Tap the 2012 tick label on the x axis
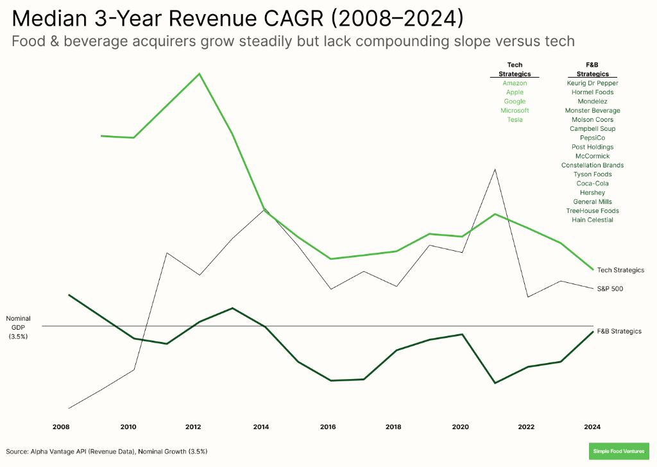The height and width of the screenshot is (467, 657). tap(194, 427)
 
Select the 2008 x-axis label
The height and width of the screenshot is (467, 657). tap(62, 427)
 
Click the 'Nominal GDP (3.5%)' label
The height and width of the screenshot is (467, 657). tap(19, 327)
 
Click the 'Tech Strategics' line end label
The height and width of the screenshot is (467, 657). tap(620, 270)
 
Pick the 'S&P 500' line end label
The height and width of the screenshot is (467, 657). tap(610, 289)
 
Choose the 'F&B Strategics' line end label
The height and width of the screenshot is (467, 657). tap(619, 331)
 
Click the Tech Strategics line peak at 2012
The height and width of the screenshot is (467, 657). tap(200, 74)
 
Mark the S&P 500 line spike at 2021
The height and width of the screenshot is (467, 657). tap(494, 169)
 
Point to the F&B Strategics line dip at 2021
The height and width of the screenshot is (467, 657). tap(494, 383)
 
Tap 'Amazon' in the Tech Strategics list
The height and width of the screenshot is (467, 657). tap(515, 83)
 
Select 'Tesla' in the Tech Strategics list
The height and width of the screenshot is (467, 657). tap(515, 120)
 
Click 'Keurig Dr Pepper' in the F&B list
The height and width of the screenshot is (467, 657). tap(592, 83)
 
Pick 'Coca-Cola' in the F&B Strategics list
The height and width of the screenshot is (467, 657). tap(592, 183)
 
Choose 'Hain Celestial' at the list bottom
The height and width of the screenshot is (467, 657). tap(592, 220)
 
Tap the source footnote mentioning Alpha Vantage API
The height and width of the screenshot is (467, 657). tap(107, 452)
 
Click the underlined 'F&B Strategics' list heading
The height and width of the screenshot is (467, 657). tap(592, 69)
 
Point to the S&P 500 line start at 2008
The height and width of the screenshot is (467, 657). tap(69, 408)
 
